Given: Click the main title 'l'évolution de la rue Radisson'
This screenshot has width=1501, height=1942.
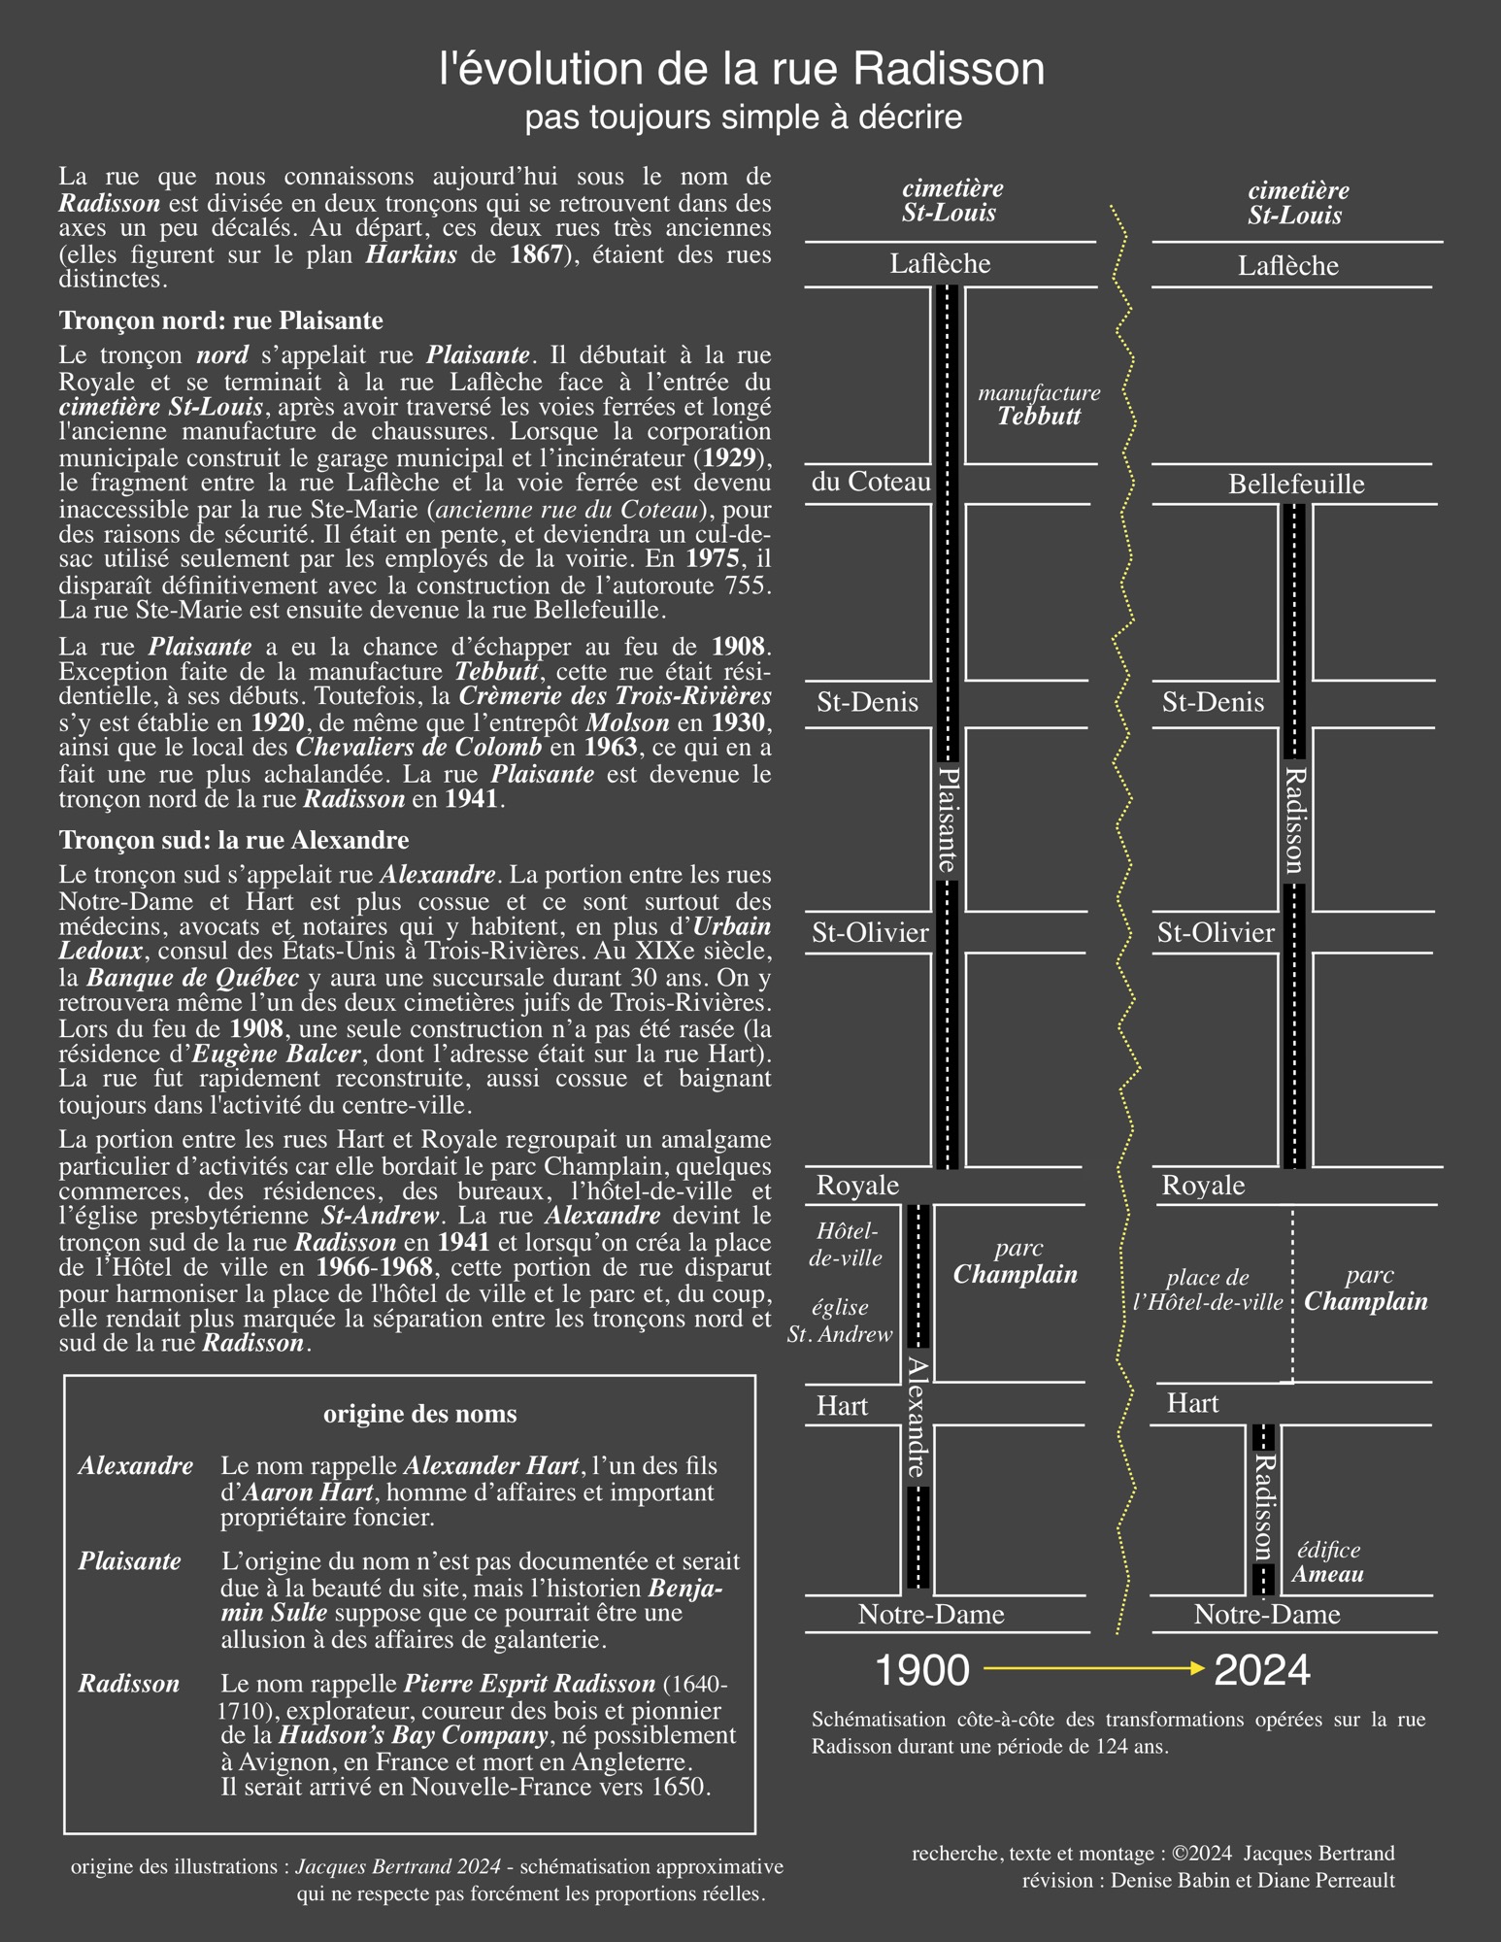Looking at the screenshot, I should pyautogui.click(x=742, y=70).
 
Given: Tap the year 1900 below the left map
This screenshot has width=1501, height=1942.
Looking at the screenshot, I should pyautogui.click(x=921, y=1670).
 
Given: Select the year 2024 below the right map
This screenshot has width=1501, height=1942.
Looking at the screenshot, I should pyautogui.click(x=1261, y=1670).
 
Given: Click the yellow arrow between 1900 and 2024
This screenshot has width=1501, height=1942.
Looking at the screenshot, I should pyautogui.click(x=1092, y=1668).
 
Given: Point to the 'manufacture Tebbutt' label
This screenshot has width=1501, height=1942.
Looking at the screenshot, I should pyautogui.click(x=1039, y=405).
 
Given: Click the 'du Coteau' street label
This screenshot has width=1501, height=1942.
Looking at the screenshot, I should pyautogui.click(x=871, y=482).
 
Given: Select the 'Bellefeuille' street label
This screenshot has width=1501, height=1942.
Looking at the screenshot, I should pyautogui.click(x=1295, y=484).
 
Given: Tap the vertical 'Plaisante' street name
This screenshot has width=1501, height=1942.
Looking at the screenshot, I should pyautogui.click(x=949, y=820).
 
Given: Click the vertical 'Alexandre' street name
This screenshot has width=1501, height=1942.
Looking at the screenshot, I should pyautogui.click(x=917, y=1417).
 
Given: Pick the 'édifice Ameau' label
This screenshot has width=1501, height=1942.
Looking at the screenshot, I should pyautogui.click(x=1328, y=1562).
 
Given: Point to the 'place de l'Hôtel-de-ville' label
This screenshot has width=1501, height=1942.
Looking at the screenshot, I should pyautogui.click(x=1209, y=1290).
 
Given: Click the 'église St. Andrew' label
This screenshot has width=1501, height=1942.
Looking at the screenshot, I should pyautogui.click(x=840, y=1321).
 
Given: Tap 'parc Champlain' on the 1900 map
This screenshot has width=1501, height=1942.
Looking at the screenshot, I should pyautogui.click(x=1016, y=1261).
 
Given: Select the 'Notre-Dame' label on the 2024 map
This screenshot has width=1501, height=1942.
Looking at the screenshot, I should pyautogui.click(x=1266, y=1615).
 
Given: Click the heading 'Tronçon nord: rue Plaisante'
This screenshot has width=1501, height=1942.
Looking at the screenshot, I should pyautogui.click(x=221, y=320).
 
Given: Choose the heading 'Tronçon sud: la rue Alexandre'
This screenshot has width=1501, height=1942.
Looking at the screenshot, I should pyautogui.click(x=234, y=840).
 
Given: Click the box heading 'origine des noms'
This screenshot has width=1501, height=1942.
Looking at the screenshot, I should pyautogui.click(x=419, y=1414).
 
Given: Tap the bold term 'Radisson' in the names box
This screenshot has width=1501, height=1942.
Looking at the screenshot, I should pyautogui.click(x=129, y=1684).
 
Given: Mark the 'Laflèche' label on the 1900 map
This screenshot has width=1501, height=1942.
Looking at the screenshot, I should pyautogui.click(x=940, y=264).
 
